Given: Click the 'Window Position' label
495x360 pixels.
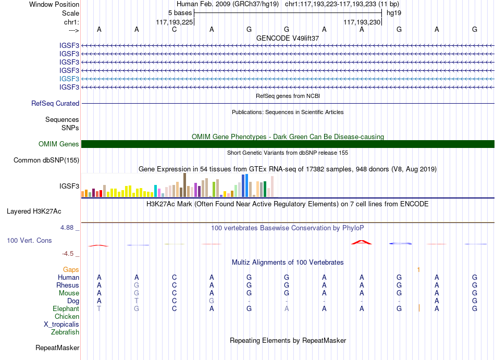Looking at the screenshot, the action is pyautogui.click(x=54, y=4).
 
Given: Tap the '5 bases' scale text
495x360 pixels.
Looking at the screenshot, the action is pyautogui.click(x=180, y=13).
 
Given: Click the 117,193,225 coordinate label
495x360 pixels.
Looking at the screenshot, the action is pyautogui.click(x=174, y=22).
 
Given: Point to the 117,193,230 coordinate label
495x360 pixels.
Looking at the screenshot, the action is pyautogui.click(x=362, y=22).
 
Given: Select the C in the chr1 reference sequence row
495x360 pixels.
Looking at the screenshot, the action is pyautogui.click(x=174, y=30).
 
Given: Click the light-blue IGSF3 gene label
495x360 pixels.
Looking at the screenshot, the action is pyautogui.click(x=69, y=79).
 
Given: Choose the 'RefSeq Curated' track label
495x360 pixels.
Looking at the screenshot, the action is pyautogui.click(x=55, y=104).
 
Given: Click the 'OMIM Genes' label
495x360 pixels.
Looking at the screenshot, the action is pyautogui.click(x=58, y=144).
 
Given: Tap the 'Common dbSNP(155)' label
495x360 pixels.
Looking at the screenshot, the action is pyautogui.click(x=46, y=160).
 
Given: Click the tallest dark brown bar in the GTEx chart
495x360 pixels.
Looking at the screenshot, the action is pyautogui.click(x=184, y=185).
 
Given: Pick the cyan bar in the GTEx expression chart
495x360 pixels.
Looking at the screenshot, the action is pyautogui.click(x=155, y=191).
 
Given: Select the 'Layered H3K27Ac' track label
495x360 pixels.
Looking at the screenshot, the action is pyautogui.click(x=34, y=212).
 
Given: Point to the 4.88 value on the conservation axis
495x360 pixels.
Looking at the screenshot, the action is pyautogui.click(x=67, y=228).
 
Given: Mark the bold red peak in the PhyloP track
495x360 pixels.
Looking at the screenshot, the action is pyautogui.click(x=362, y=242).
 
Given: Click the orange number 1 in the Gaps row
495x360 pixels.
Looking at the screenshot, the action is pyautogui.click(x=418, y=270).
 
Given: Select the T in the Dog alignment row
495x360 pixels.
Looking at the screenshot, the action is pyautogui.click(x=137, y=301).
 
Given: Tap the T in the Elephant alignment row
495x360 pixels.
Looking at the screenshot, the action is pyautogui.click(x=99, y=309).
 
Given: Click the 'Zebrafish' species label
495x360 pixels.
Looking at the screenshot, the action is pyautogui.click(x=65, y=332).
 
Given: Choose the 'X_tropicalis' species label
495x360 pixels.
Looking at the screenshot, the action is pyautogui.click(x=61, y=325).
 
